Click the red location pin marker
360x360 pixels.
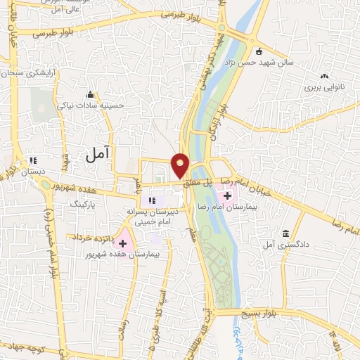coord(181,165)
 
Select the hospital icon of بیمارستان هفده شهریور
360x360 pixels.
coord(123,243)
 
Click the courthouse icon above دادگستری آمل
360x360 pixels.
coord(285,233)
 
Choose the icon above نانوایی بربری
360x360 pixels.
coord(323,77)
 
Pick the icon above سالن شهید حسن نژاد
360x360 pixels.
coord(259,51)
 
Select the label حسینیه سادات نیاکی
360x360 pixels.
coord(99,105)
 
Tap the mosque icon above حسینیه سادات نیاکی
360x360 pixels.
coord(89,95)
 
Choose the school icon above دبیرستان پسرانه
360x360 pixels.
coord(153,201)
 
